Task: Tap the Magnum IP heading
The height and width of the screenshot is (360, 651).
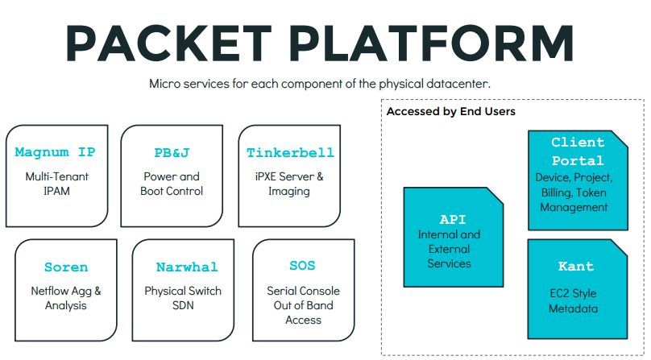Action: [x=55, y=152]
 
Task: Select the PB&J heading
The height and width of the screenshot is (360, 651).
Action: [x=172, y=152]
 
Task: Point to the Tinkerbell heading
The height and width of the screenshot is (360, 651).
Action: [x=290, y=152]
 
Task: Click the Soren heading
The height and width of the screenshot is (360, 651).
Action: [x=66, y=267]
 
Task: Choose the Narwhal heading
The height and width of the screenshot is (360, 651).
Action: [x=187, y=267]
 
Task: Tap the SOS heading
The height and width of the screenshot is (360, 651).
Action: [x=302, y=265]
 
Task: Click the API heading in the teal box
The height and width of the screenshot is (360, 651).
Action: [x=453, y=219]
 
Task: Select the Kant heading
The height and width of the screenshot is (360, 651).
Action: [x=576, y=266]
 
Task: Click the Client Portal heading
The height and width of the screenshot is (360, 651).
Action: [x=577, y=151]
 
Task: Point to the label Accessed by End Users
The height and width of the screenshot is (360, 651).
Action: [x=450, y=111]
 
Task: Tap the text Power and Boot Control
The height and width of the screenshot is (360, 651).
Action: [x=172, y=184]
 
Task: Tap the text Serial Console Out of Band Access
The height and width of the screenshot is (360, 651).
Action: [x=303, y=305]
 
